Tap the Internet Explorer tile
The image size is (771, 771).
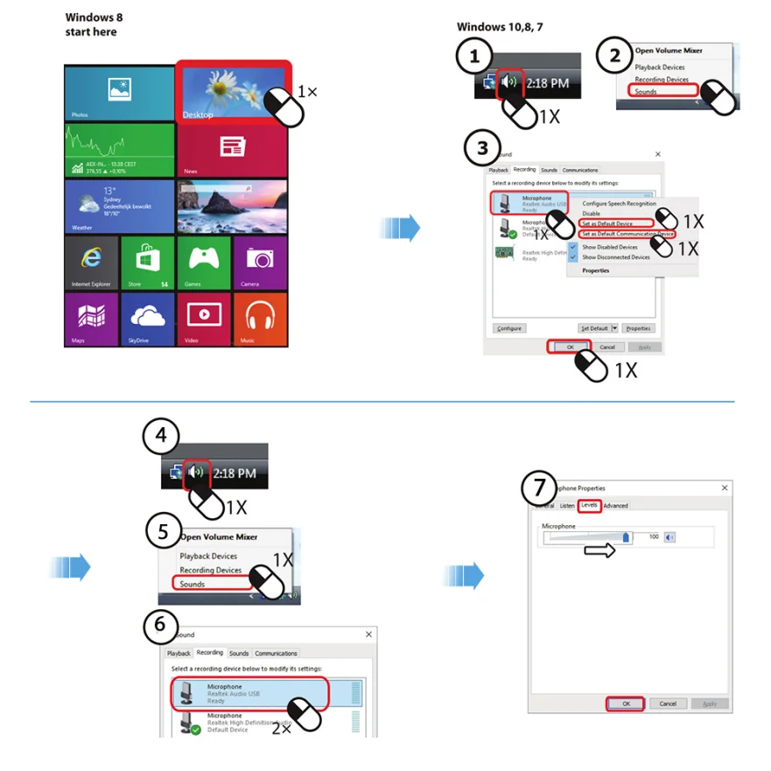[x=91, y=263]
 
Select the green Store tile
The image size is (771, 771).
[x=147, y=263]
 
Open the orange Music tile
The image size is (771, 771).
[x=260, y=319]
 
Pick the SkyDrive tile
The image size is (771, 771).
[x=147, y=319]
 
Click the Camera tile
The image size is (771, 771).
[x=260, y=263]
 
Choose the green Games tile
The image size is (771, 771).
[x=204, y=263]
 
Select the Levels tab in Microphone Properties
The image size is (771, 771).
[x=590, y=506]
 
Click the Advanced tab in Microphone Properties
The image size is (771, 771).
[x=615, y=506]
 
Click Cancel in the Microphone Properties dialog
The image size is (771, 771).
[x=667, y=704]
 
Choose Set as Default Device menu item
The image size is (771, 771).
[x=607, y=224]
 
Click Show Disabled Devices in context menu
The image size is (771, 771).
[x=616, y=248]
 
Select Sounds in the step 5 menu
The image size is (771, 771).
[x=193, y=584]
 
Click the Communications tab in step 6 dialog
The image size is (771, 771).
[x=276, y=654]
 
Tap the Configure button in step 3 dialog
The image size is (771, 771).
[x=508, y=328]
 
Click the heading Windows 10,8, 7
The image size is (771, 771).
[x=500, y=27]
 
